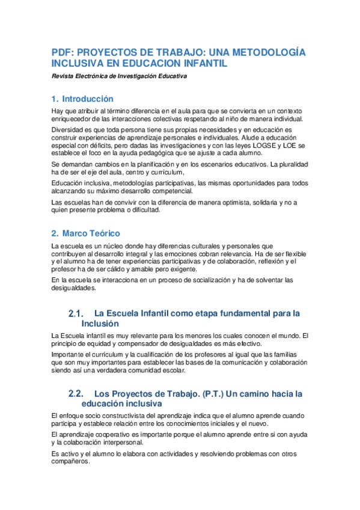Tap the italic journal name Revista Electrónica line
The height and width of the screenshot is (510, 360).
click(119, 76)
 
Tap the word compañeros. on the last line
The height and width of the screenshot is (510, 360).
click(71, 462)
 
